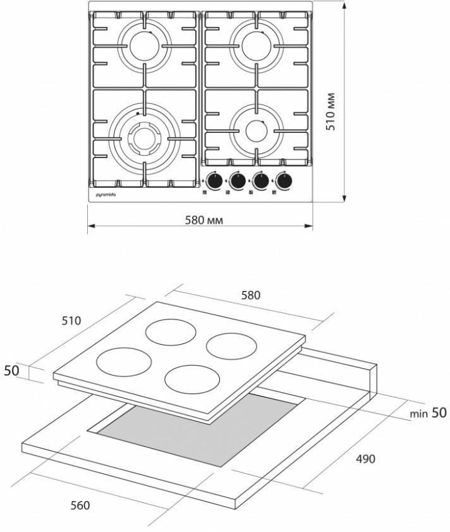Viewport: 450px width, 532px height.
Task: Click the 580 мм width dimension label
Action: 204,220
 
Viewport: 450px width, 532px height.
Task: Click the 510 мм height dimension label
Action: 331,112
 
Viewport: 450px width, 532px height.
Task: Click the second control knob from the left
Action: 238,182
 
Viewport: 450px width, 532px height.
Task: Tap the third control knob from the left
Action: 262,182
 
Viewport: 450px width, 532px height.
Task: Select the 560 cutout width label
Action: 80,505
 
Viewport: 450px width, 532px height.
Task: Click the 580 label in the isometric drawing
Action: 250,295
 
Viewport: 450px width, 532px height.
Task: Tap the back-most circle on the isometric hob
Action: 172,333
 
